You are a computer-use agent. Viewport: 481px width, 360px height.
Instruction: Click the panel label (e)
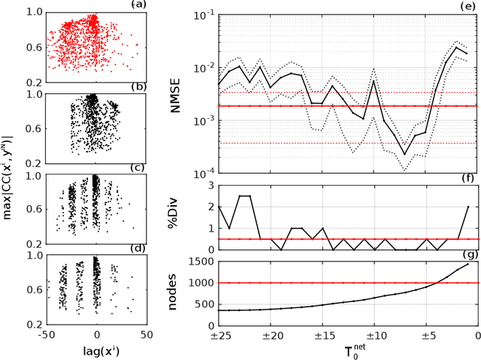coord(468,5)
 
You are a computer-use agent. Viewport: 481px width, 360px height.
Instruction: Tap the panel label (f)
coord(468,179)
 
